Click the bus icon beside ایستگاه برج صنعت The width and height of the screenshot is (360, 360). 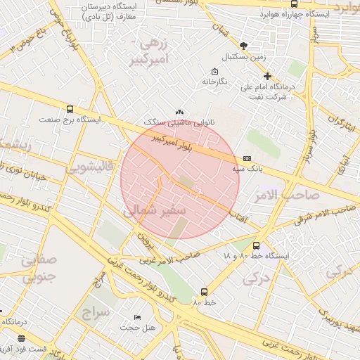click(69, 109)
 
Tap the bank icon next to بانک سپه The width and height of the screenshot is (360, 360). click(246, 159)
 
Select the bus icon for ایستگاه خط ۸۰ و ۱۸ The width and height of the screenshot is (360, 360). click(255, 246)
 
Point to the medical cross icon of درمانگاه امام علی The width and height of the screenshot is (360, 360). click(266, 76)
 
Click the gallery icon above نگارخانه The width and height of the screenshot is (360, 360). click(214, 71)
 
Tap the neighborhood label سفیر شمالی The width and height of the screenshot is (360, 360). click(155, 210)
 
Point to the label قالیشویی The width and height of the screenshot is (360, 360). click(93, 169)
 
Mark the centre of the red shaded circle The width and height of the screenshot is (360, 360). click(180, 180)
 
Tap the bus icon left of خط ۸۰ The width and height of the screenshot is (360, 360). click(204, 291)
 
